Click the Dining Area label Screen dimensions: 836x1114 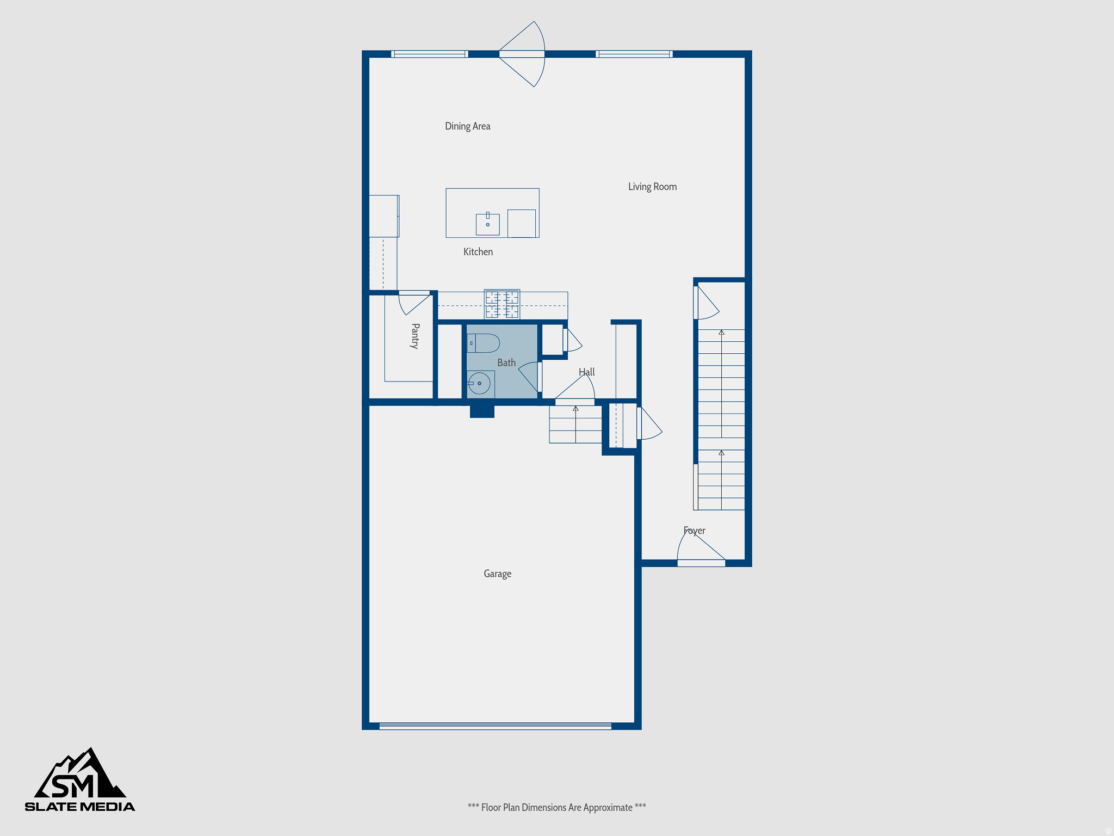(467, 126)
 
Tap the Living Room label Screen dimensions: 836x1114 (652, 187)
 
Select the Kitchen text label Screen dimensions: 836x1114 (478, 252)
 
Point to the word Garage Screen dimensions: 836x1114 (497, 574)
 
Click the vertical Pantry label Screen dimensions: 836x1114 (415, 336)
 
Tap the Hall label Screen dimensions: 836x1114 (586, 372)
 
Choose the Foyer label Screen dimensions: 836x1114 (694, 531)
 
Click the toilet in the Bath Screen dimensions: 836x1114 (484, 343)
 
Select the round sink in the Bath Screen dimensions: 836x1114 (479, 384)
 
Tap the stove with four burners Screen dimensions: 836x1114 (502, 304)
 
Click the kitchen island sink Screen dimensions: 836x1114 (487, 224)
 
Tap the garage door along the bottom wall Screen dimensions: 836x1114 (495, 726)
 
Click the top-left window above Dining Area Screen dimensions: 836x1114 (429, 54)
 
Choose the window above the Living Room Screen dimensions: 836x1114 (634, 54)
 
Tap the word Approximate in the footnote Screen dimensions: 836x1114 (608, 808)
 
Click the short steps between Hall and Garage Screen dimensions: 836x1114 (575, 424)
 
